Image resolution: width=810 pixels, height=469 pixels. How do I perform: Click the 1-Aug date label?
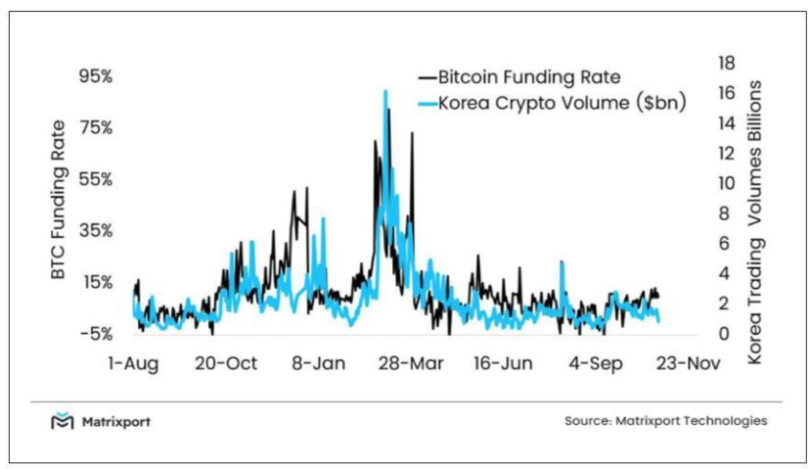point(133,363)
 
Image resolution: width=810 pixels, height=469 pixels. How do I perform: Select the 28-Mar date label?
point(412,363)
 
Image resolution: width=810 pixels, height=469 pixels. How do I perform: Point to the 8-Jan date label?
point(319,363)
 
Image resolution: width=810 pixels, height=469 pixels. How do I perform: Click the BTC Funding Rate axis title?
point(60,200)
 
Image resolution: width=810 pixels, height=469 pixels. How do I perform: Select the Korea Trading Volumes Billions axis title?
point(755,224)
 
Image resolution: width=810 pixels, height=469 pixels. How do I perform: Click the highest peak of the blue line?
point(385,92)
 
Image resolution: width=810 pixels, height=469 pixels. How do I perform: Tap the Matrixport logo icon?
point(63,422)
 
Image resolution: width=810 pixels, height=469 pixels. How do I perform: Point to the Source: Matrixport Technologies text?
point(665,421)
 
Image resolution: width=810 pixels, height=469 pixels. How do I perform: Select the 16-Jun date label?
point(505,363)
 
